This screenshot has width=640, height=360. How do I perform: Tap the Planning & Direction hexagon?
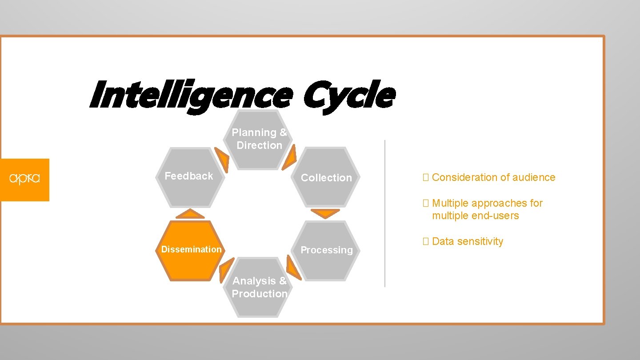[260, 140]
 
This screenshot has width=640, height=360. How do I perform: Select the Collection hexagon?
[326, 177]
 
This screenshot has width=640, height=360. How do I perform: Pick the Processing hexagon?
[327, 250]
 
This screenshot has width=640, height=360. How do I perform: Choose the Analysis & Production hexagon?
[260, 287]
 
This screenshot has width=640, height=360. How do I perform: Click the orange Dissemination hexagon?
[191, 251]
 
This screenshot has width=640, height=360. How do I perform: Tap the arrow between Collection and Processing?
[325, 213]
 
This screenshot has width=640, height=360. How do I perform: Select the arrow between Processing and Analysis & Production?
[293, 268]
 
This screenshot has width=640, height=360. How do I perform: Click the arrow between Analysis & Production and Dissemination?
[226, 270]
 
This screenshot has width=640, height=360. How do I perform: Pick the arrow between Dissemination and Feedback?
[190, 214]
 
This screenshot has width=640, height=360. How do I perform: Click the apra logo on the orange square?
[24, 179]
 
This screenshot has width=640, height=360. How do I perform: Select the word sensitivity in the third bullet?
[482, 242]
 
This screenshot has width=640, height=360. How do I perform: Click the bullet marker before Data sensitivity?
[425, 242]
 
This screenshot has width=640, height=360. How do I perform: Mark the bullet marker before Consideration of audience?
[425, 177]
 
